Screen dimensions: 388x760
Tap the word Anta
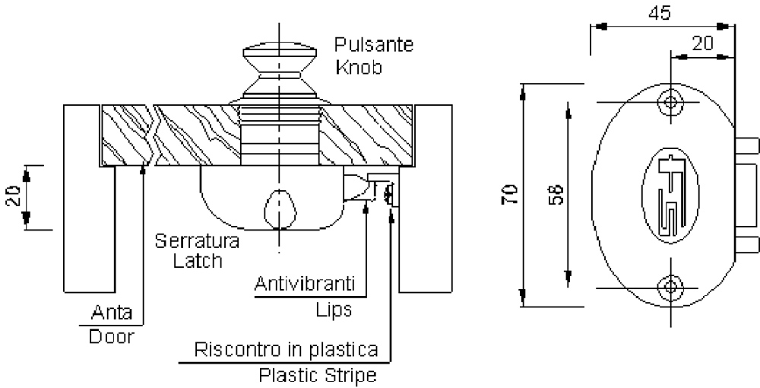pyautogui.click(x=112, y=313)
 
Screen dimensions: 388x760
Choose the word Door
pyautogui.click(x=111, y=336)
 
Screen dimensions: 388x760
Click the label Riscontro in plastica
pyautogui.click(x=286, y=351)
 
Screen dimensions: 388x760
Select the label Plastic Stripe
pyautogui.click(x=318, y=375)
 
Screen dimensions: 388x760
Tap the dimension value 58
pyautogui.click(x=556, y=195)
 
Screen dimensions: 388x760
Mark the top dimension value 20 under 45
pyautogui.click(x=703, y=44)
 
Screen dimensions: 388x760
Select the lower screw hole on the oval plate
pyautogui.click(x=670, y=287)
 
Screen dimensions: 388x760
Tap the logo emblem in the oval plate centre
pyautogui.click(x=670, y=196)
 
